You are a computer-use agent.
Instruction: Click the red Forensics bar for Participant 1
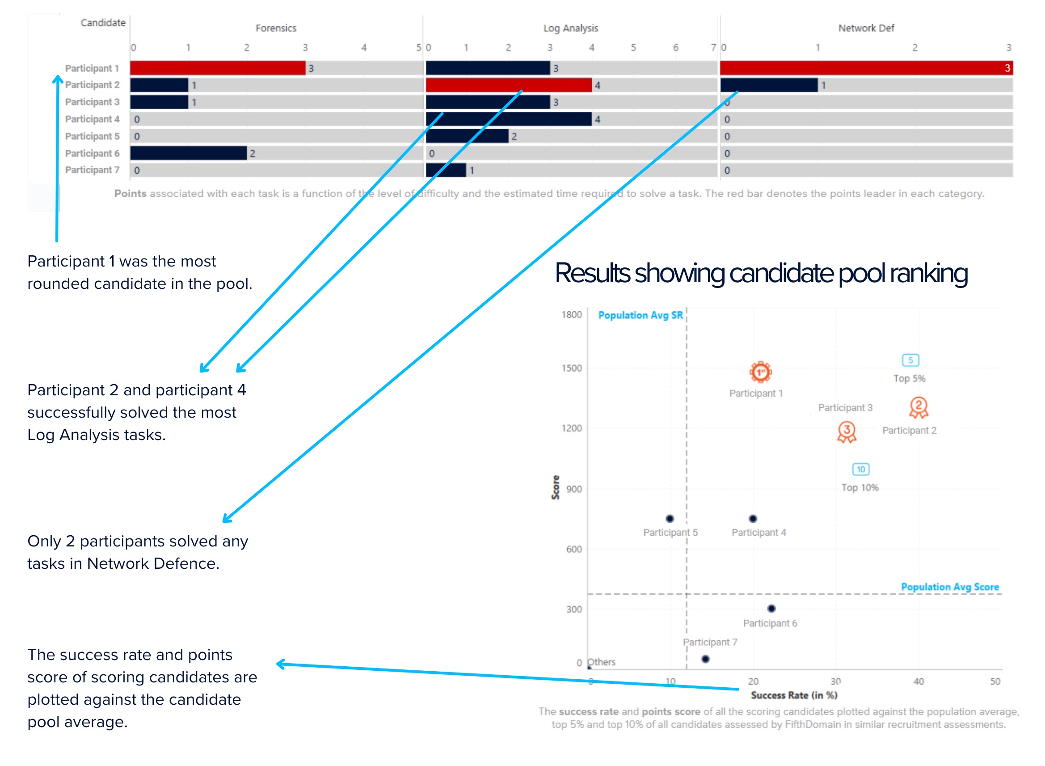pyautogui.click(x=217, y=68)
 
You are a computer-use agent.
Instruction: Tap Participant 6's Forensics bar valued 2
pyautogui.click(x=188, y=153)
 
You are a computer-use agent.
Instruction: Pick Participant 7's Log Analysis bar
pyautogui.click(x=446, y=170)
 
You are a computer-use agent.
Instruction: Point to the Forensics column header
pyautogui.click(x=276, y=28)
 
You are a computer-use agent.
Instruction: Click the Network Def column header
pyautogui.click(x=866, y=28)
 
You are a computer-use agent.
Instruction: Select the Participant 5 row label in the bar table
pyautogui.click(x=92, y=136)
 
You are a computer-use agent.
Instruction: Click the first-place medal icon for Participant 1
pyautogui.click(x=760, y=372)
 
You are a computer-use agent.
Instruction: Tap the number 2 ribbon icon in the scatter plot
pyautogui.click(x=918, y=407)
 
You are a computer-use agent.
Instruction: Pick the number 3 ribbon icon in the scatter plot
pyautogui.click(x=846, y=431)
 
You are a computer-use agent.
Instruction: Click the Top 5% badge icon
pyautogui.click(x=910, y=360)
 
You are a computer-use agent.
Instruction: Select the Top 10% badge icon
pyautogui.click(x=860, y=469)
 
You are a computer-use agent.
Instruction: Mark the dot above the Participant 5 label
pyautogui.click(x=670, y=518)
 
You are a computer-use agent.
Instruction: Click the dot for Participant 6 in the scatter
pyautogui.click(x=771, y=608)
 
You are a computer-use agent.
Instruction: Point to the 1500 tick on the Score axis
pyautogui.click(x=571, y=368)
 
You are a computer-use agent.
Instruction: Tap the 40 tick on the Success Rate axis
pyautogui.click(x=918, y=681)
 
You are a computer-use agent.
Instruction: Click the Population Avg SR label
pyautogui.click(x=640, y=315)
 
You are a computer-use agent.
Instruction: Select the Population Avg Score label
pyautogui.click(x=949, y=587)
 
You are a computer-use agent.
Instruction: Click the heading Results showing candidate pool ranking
pyautogui.click(x=761, y=273)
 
